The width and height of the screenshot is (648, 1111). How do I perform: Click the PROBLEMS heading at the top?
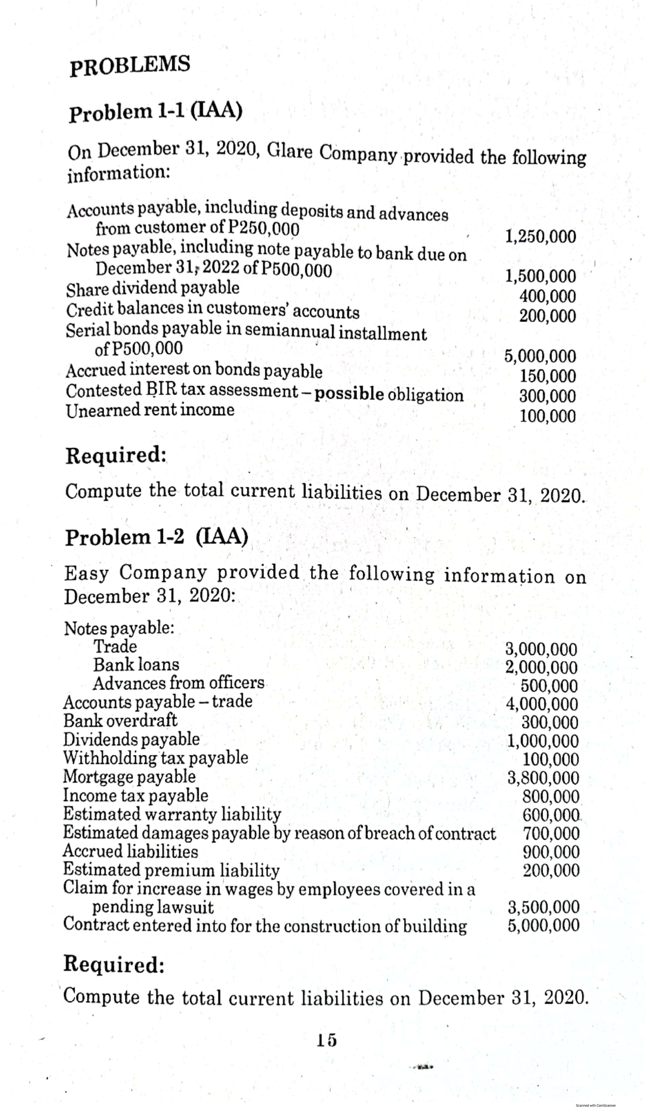(x=130, y=65)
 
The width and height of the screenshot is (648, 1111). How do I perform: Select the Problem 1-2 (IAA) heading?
(x=157, y=537)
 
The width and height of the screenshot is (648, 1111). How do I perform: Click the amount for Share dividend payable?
(x=547, y=296)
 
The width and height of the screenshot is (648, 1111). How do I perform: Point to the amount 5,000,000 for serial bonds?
(x=540, y=356)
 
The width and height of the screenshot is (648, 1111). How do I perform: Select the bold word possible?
(x=349, y=395)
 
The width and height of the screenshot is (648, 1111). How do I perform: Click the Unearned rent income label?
(x=150, y=410)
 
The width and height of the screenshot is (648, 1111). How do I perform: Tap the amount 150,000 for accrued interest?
(x=547, y=376)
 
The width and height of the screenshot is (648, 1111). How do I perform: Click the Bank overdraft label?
(x=120, y=721)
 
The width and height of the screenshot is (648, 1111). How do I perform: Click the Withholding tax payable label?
(x=156, y=758)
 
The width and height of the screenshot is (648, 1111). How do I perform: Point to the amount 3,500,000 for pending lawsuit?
(x=544, y=906)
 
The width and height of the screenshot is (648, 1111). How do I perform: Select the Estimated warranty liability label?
(x=172, y=814)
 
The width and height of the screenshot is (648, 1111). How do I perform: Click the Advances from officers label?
(x=178, y=683)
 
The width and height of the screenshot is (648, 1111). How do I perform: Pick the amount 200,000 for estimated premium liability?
(x=551, y=870)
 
